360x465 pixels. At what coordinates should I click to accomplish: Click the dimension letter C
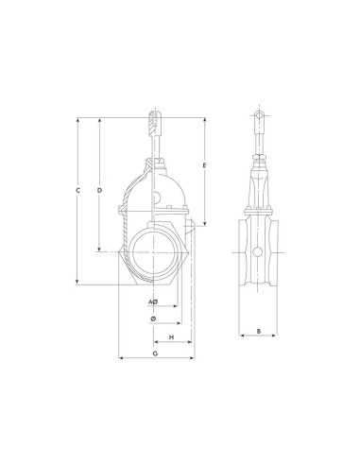tap(78, 190)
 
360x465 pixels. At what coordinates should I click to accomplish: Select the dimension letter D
tap(99, 190)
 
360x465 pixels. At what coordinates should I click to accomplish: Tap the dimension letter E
tap(204, 165)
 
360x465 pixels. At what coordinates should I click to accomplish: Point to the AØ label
tap(153, 302)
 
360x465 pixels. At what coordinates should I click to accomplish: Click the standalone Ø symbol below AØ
tap(153, 319)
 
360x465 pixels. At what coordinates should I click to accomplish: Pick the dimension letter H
tap(172, 337)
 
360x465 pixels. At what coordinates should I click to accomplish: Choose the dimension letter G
tap(155, 353)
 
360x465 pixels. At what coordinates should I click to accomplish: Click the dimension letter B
tap(259, 331)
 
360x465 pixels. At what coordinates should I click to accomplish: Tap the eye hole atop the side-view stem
tap(259, 115)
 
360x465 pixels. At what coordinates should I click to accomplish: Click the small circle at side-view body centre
tap(258, 251)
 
